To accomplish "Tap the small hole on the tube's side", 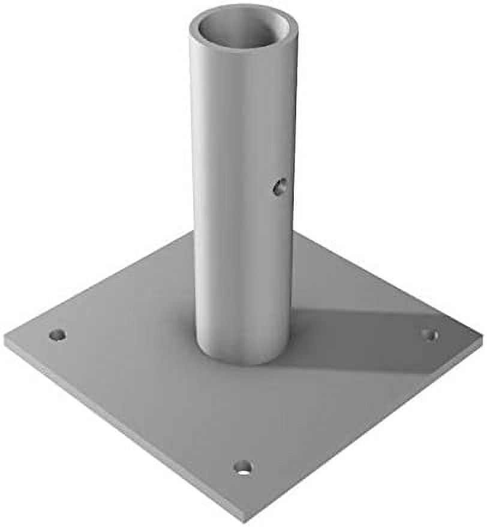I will point(279,187).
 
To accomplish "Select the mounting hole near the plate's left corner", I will point(57,334).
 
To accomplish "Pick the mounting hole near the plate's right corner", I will point(429,334).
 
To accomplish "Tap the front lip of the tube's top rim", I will point(243,49).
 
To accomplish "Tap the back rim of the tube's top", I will point(243,7).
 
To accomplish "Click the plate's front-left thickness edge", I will point(120,431).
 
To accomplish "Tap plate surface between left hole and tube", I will point(126,341).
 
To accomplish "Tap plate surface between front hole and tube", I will point(242,413).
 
